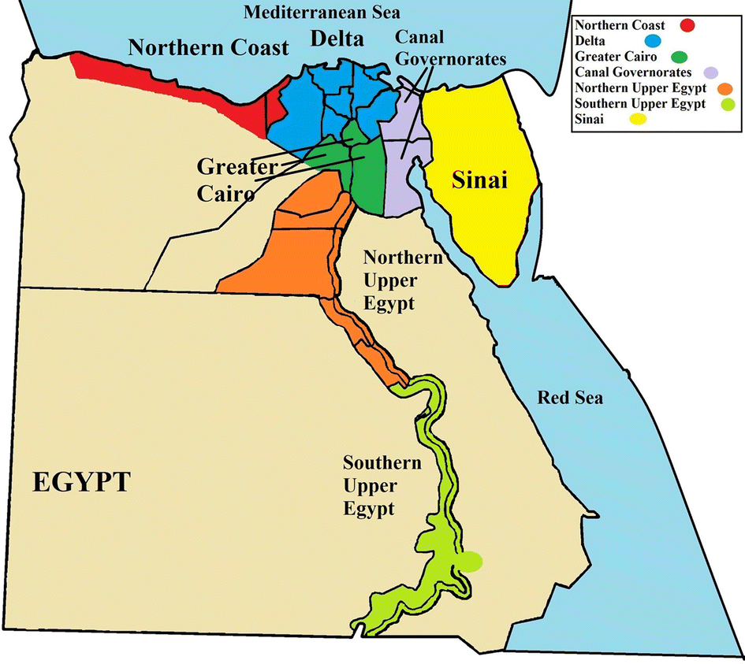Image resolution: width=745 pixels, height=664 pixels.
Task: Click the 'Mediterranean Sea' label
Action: (x=322, y=13)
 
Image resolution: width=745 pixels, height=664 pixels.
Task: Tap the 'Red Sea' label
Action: (x=570, y=398)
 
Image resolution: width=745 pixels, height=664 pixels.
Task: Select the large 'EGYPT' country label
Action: (x=81, y=481)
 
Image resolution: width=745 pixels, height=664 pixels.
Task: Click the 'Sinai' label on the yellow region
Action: (x=478, y=181)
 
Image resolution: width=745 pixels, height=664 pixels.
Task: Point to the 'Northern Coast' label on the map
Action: (x=209, y=48)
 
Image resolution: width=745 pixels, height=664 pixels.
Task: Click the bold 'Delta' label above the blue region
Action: (x=337, y=38)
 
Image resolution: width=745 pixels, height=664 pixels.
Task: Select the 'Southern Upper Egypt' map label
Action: (x=382, y=485)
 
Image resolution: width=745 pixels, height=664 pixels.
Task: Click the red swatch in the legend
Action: (x=688, y=25)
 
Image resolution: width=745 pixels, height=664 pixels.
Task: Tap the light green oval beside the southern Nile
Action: (x=471, y=561)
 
